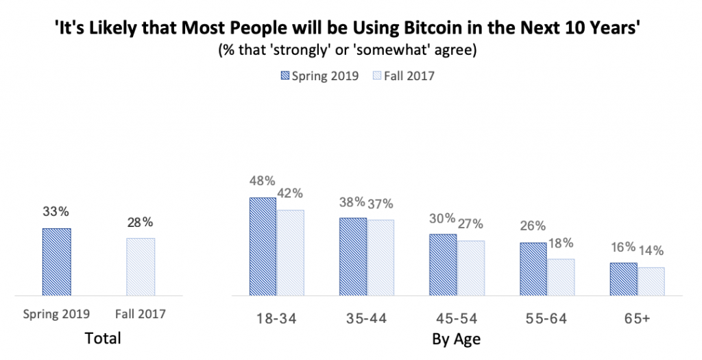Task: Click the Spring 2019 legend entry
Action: click(x=319, y=75)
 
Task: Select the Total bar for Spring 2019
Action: click(x=56, y=261)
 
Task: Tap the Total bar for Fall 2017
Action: click(x=141, y=267)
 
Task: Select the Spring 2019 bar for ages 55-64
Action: click(x=533, y=269)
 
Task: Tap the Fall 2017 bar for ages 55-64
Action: click(x=560, y=277)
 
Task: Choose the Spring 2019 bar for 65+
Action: click(x=623, y=279)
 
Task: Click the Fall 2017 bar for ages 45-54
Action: click(x=470, y=268)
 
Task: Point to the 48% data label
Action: click(x=262, y=181)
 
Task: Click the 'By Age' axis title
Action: click(x=456, y=339)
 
